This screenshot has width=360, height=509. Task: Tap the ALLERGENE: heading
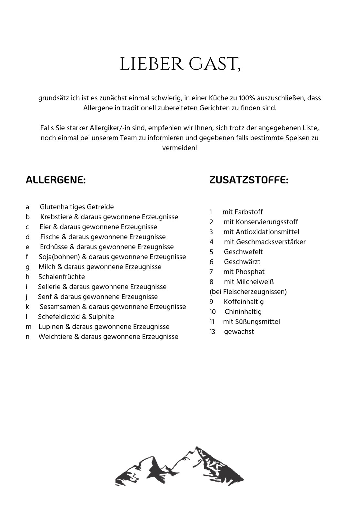pyautogui.click(x=55, y=180)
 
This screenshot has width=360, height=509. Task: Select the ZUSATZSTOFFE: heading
pyautogui.click(x=249, y=180)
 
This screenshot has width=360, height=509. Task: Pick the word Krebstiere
pyautogui.click(x=57, y=217)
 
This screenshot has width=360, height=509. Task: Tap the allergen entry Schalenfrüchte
pyautogui.click(x=62, y=277)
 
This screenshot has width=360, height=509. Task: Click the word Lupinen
pyautogui.click(x=51, y=327)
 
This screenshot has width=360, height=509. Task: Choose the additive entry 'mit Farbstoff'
pyautogui.click(x=243, y=212)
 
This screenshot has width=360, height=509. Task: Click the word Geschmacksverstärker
pyautogui.click(x=271, y=242)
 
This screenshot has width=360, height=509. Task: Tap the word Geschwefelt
pyautogui.click(x=243, y=252)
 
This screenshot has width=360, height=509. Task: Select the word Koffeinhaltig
pyautogui.click(x=244, y=302)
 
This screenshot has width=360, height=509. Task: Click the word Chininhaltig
pyautogui.click(x=243, y=312)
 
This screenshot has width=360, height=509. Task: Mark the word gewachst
pyautogui.click(x=239, y=332)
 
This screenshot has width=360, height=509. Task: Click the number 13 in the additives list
pyautogui.click(x=212, y=332)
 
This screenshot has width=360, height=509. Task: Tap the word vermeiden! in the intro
pyautogui.click(x=180, y=148)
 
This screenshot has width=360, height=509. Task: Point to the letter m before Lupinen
pyautogui.click(x=29, y=327)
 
